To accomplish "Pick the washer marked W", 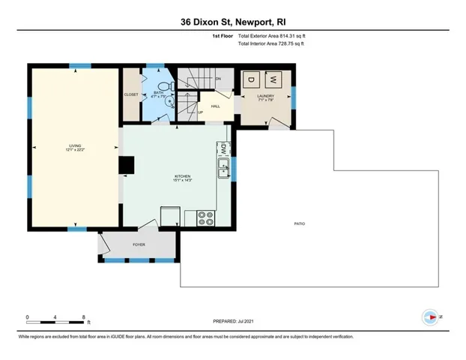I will click(x=273, y=79).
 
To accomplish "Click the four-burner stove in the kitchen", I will click(x=205, y=218).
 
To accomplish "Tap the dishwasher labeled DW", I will click(x=223, y=148).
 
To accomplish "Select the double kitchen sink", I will click(x=223, y=169).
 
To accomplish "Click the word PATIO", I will click(x=299, y=224).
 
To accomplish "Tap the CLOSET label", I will click(x=131, y=94).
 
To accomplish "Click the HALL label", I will click(x=215, y=106).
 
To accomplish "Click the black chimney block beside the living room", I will click(x=127, y=165).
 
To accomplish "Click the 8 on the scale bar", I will click(x=84, y=317).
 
